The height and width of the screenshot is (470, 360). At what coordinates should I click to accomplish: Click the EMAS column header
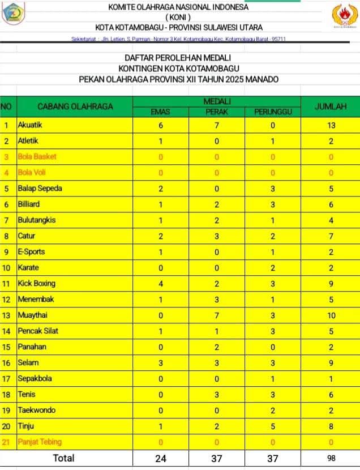point(161,112)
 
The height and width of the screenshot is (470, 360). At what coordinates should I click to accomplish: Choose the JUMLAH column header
point(332,106)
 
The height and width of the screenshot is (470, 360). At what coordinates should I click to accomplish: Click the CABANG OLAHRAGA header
point(75,106)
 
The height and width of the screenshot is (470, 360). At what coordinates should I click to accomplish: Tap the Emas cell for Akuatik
point(161,125)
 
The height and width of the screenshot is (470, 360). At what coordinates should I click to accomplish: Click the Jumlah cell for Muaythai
point(332,315)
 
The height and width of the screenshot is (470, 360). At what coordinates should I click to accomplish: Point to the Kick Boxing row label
point(36,283)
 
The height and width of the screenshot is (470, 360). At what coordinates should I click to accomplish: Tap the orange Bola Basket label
point(37,156)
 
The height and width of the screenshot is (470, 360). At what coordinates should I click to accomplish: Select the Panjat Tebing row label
point(40,442)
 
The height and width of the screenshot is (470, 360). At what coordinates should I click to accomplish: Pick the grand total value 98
point(332,458)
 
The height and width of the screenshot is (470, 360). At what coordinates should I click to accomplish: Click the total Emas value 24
point(161,458)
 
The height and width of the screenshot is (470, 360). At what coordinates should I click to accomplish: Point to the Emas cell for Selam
point(161,362)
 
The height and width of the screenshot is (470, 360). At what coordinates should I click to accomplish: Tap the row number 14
point(7,331)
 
